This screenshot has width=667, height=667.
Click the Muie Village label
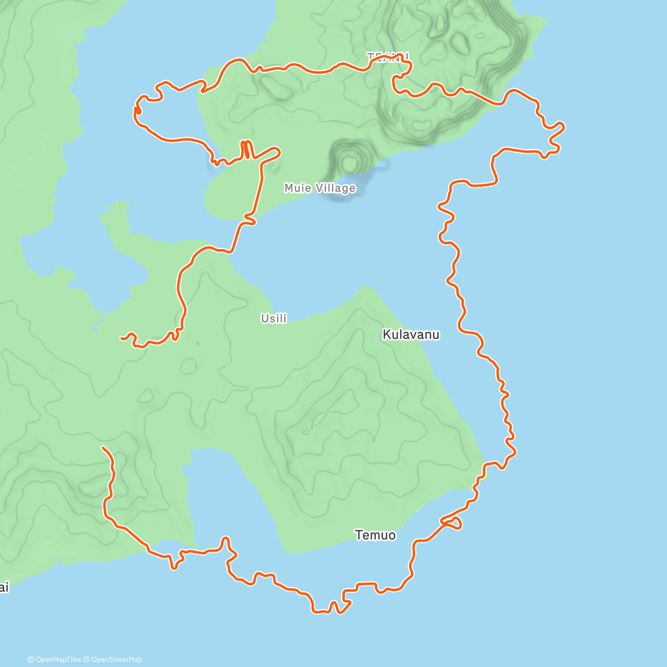click(x=320, y=188)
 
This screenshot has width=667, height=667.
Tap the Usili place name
click(x=274, y=318)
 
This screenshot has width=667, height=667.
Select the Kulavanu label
click(x=411, y=335)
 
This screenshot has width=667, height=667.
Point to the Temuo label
click(x=375, y=535)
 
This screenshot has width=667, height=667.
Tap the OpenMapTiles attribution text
click(x=58, y=660)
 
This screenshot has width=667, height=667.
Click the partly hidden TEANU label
click(x=387, y=56)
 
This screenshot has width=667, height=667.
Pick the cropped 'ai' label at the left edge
click(x=4, y=588)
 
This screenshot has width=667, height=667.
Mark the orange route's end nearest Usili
click(x=122, y=337)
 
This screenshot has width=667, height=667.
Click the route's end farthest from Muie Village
click(x=103, y=447)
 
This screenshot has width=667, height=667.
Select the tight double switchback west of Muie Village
click(x=246, y=150)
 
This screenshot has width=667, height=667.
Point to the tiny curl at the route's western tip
click(x=137, y=111)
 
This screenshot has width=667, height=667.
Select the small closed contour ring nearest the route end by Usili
click(x=188, y=366)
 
